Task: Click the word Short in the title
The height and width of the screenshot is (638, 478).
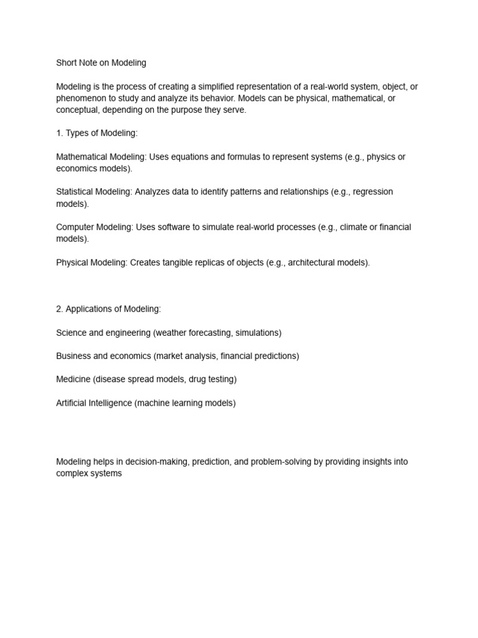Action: click(67, 63)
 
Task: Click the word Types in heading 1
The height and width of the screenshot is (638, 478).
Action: click(78, 133)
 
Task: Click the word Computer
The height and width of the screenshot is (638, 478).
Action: click(74, 227)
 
